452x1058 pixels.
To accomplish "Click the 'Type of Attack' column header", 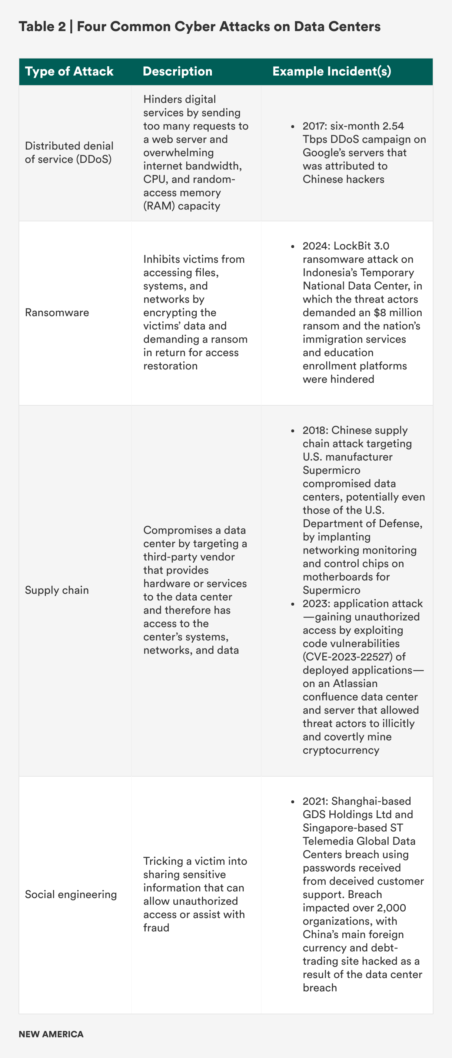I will coord(69,71).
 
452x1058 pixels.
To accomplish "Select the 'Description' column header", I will coord(177,71).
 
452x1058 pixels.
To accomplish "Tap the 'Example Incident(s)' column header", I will coord(332,71).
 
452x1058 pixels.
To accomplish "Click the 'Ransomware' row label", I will coord(57,312).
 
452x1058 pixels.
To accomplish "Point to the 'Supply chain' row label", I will coord(57,590).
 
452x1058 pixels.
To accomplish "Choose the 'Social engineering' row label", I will coord(71,894).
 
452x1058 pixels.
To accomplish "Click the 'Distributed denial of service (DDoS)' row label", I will coord(69,153).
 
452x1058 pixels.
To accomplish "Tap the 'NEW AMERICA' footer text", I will coord(51,1034).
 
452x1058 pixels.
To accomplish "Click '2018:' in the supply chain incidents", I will coord(316,431).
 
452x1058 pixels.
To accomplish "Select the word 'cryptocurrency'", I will coord(340,750).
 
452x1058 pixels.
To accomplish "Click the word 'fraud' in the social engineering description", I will coord(156,927).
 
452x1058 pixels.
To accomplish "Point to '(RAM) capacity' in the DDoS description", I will coord(182,206).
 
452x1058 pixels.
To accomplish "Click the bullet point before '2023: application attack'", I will coord(293,604).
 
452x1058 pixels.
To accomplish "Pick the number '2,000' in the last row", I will coord(390,908).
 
